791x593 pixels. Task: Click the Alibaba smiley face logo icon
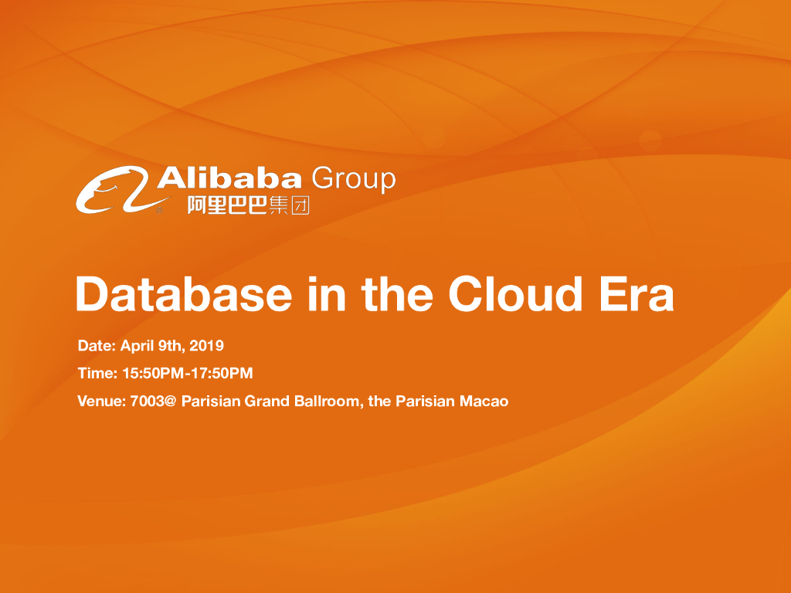tap(114, 191)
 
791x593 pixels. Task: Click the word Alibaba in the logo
tap(229, 178)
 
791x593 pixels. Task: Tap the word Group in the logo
tap(353, 179)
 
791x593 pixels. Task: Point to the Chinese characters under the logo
tap(248, 205)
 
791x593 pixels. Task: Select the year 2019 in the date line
tap(206, 345)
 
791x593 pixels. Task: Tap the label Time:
tap(98, 374)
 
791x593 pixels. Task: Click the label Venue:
tap(102, 402)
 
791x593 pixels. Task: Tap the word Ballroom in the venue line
tap(328, 402)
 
